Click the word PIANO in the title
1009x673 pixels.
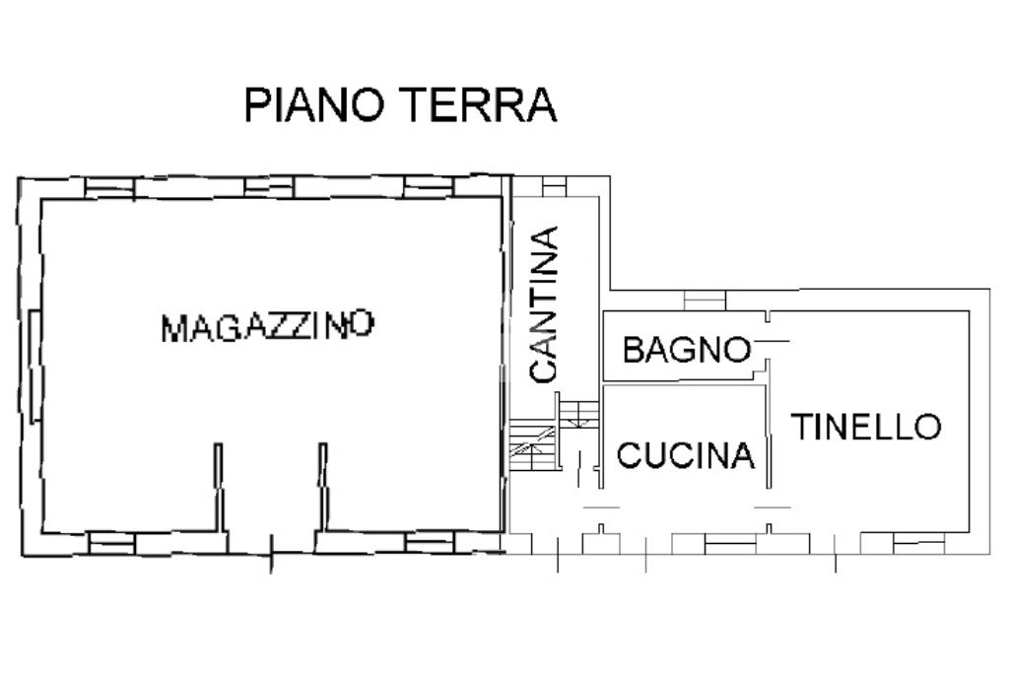point(314,104)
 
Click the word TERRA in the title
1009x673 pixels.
point(478,104)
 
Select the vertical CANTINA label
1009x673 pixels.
point(543,304)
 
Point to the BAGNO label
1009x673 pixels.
point(687,350)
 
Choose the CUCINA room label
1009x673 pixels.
point(686,455)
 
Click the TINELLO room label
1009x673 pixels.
point(866,427)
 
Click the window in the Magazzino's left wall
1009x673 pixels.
point(36,366)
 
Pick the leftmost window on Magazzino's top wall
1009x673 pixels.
point(110,188)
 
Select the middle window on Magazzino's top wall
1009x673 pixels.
point(269,186)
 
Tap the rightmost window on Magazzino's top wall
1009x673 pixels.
point(429,186)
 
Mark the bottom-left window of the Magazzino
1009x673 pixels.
point(111,544)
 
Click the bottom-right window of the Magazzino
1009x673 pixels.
point(430,542)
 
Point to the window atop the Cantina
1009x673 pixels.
point(554,186)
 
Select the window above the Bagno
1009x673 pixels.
point(705,301)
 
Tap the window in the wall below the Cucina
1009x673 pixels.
point(730,544)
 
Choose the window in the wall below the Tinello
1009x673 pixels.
point(919,544)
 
